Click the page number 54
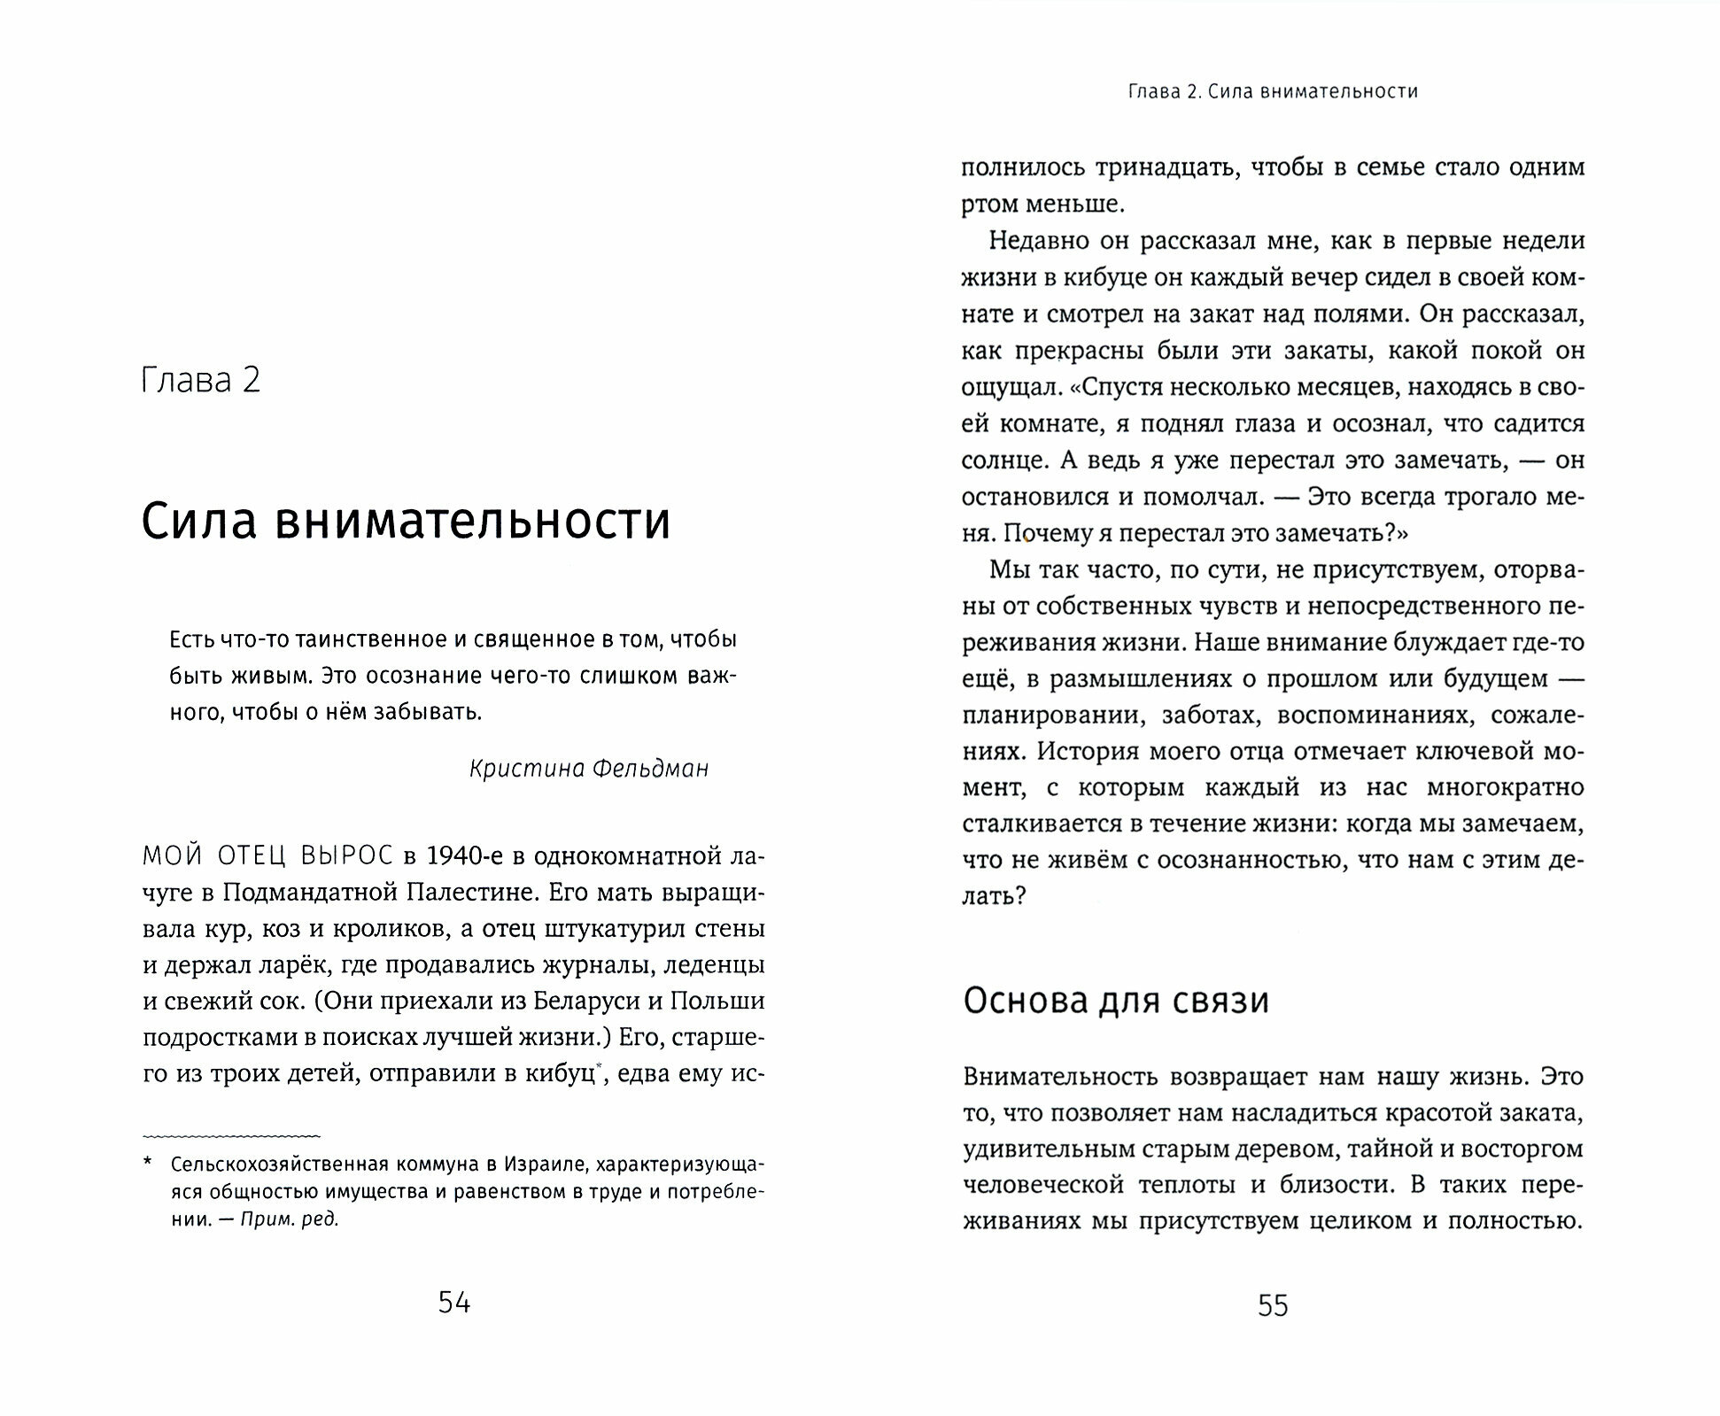click(x=453, y=1302)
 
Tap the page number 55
click(x=1272, y=1306)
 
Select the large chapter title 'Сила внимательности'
click(x=406, y=521)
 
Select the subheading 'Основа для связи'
click(x=1116, y=1001)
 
